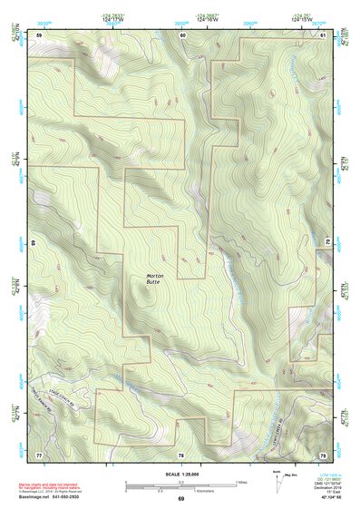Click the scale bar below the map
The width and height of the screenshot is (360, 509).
point(180,486)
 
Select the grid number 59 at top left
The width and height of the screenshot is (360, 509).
point(39,34)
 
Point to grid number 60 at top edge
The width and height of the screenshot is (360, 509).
point(183,34)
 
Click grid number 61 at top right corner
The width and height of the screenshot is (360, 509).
point(324,34)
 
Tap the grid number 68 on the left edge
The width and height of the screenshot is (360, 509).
point(34,243)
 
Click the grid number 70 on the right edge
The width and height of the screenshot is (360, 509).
point(328,243)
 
